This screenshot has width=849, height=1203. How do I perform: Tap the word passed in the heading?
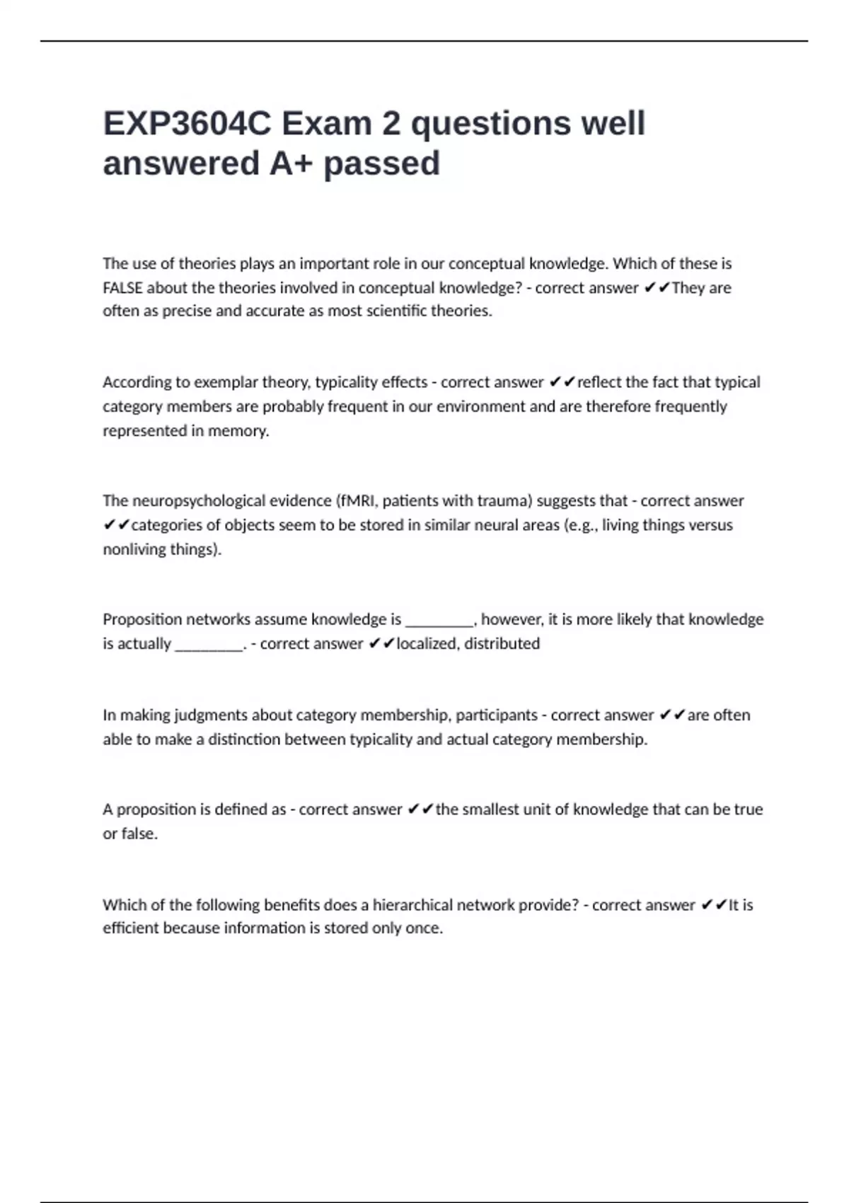pos(382,163)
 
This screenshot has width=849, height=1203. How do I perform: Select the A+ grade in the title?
pos(291,163)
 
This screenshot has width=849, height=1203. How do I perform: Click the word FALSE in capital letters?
pos(122,288)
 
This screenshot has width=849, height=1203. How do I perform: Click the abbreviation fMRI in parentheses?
pos(358,501)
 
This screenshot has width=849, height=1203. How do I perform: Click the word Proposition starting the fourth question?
pos(143,620)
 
